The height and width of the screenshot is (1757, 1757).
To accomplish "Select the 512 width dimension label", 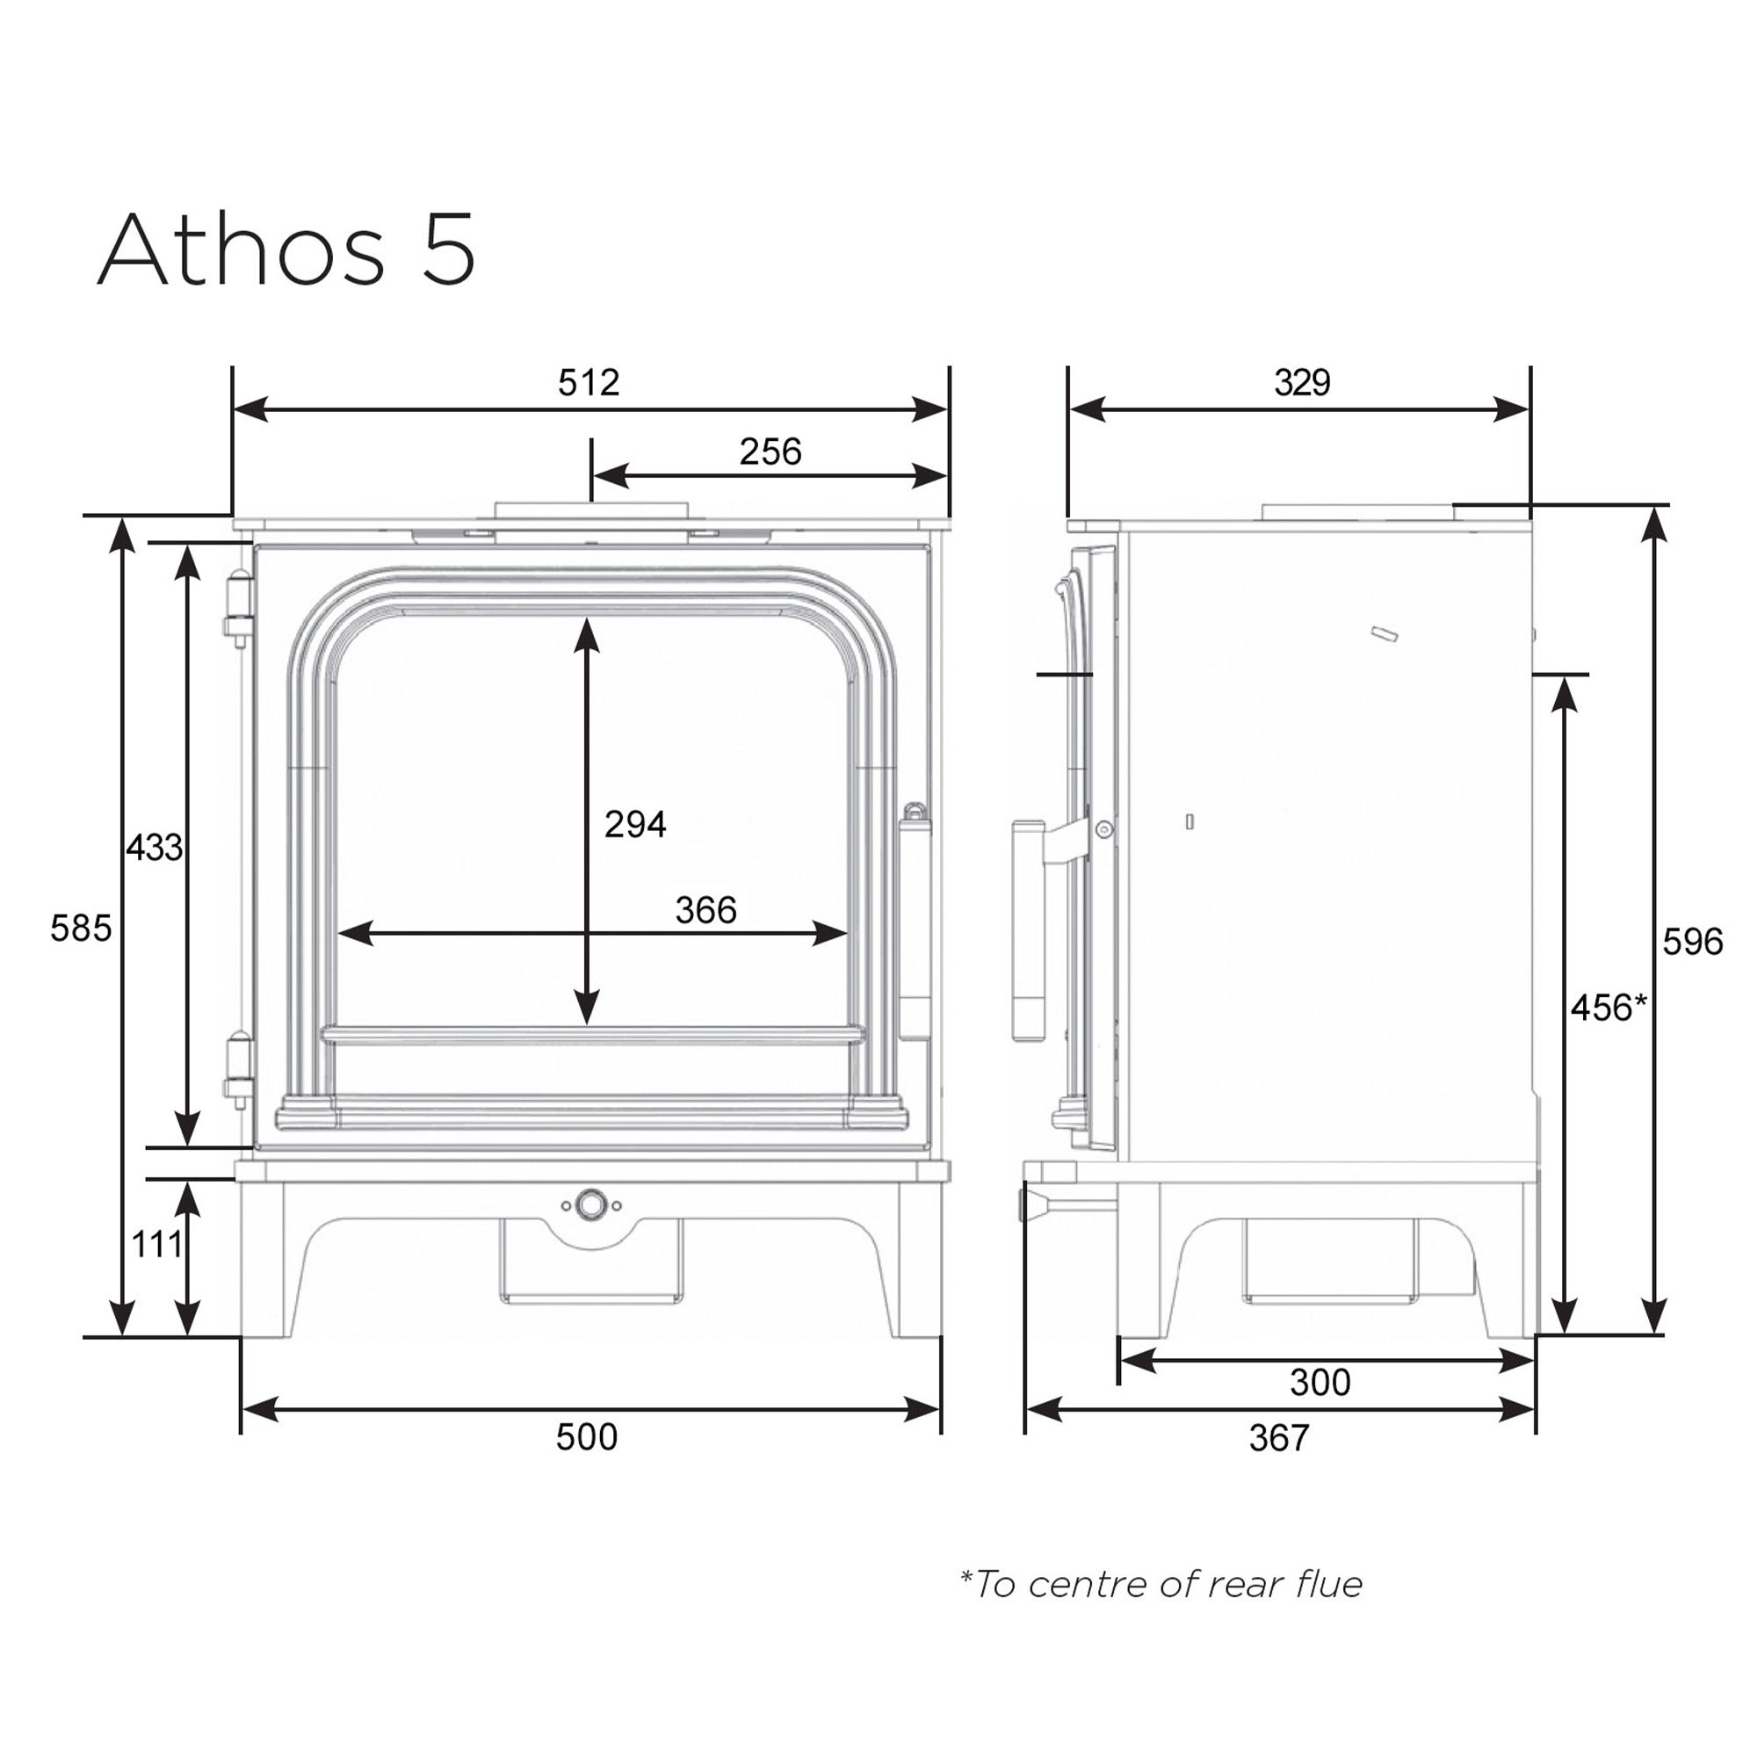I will tap(589, 383).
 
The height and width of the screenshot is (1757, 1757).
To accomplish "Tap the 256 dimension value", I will tap(770, 452).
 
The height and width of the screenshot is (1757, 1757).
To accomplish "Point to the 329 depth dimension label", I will tap(1301, 383).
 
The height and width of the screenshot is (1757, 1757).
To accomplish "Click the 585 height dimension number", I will tap(80, 929).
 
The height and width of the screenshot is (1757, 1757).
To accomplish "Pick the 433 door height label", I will tap(154, 848).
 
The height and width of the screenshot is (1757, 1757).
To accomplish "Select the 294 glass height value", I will tap(635, 825).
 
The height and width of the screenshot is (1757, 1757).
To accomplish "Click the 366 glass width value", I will tap(705, 910).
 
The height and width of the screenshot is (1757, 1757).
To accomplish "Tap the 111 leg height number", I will tap(156, 1244).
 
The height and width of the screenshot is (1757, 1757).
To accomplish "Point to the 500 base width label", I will tap(587, 1437).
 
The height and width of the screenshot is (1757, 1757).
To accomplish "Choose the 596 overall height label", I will tap(1693, 942).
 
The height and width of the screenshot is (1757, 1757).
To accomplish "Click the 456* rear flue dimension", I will tap(1609, 1008).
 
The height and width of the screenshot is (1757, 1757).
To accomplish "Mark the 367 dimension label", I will tap(1278, 1438).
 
